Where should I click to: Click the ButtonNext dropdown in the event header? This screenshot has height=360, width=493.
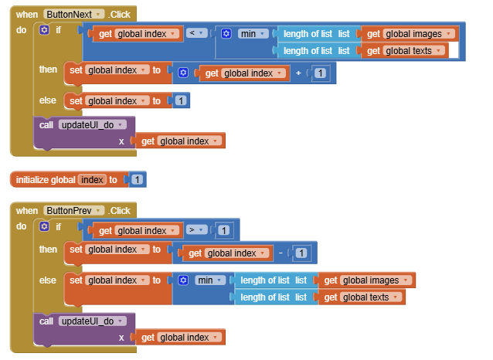click(74, 15)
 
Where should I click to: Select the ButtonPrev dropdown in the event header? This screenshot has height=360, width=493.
click(74, 210)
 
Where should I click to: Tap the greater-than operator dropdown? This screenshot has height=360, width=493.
click(194, 230)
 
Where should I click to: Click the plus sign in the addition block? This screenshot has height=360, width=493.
click(298, 73)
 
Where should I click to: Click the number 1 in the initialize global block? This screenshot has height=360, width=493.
click(137, 180)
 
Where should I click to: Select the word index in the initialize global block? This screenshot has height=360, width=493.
click(92, 180)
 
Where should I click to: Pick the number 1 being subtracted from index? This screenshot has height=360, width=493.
click(302, 253)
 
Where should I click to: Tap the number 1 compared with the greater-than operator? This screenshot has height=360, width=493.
click(223, 230)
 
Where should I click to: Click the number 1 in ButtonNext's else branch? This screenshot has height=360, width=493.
click(180, 100)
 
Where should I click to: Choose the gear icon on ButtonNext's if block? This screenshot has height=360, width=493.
click(43, 30)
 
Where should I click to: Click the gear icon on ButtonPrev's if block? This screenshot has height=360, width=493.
click(43, 226)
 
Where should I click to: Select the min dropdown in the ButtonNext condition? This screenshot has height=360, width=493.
click(252, 34)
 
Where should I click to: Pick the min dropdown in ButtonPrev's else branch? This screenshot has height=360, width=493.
click(209, 280)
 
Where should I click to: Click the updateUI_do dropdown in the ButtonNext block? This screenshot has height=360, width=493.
click(95, 124)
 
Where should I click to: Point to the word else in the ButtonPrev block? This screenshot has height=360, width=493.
click(48, 279)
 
